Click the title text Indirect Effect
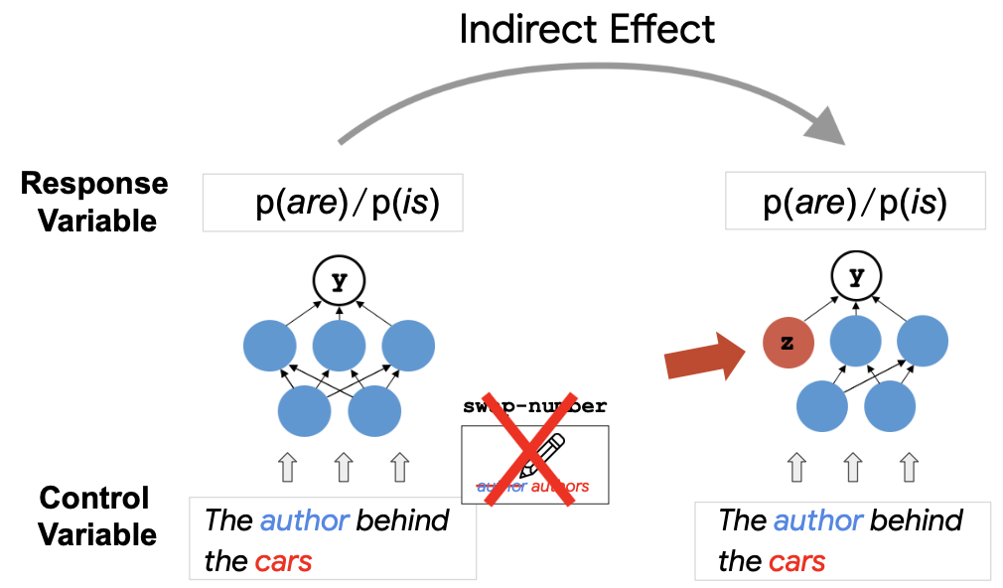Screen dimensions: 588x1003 tap(586, 30)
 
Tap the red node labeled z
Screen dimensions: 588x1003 tap(788, 344)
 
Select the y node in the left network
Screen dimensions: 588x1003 tap(340, 282)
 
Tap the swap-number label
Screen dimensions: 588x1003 tap(535, 406)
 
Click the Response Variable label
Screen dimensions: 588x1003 tap(95, 202)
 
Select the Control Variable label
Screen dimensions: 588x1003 tap(96, 516)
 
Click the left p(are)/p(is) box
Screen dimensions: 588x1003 tap(333, 204)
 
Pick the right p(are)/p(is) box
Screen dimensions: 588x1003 tap(855, 204)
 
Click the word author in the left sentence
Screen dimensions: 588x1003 tap(305, 520)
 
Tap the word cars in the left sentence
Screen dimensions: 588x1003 tap(283, 561)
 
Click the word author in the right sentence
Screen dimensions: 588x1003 tap(818, 520)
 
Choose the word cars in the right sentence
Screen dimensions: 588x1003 tap(796, 561)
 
